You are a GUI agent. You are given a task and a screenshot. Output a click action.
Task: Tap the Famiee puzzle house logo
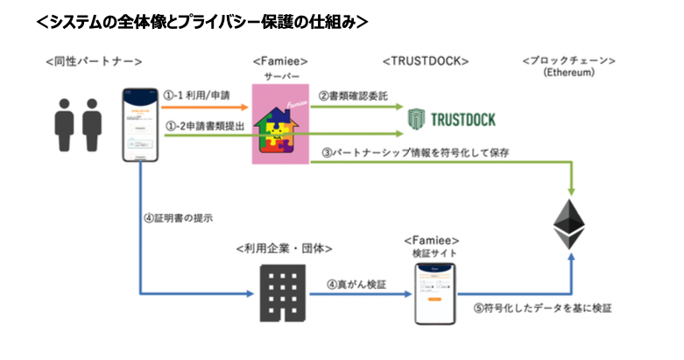pos(286,125)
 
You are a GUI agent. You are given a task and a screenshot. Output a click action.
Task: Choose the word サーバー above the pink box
pos(282,77)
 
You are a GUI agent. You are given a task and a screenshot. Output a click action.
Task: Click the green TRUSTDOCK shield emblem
pos(419,118)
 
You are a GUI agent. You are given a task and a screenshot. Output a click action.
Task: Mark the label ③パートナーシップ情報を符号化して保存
pos(416,152)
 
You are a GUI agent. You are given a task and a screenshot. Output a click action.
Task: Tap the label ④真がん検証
pos(356,283)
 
